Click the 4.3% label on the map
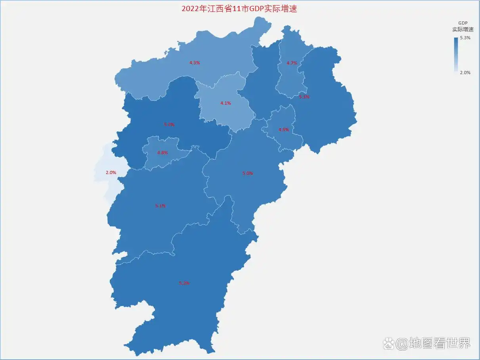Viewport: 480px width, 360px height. point(195,63)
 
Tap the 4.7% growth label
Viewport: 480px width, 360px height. point(292,63)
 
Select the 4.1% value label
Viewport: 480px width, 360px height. point(226,103)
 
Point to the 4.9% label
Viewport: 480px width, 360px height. point(284,130)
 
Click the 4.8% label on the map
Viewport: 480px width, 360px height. point(163,153)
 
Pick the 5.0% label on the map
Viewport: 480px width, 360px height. point(248,173)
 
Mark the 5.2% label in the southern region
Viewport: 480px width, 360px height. point(184,283)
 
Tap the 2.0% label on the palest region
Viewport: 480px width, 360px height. point(111,172)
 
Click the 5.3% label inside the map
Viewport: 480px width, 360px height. point(169,124)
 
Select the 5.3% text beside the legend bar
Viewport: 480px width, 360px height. point(465,38)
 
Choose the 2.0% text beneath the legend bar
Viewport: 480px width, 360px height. point(465,73)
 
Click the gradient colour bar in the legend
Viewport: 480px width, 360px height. point(456,54)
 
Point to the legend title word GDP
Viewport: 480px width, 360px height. point(463,23)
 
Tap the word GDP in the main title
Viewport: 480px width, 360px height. point(256,9)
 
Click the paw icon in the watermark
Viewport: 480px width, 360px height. point(389,343)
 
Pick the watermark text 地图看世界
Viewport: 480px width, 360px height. point(440,343)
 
